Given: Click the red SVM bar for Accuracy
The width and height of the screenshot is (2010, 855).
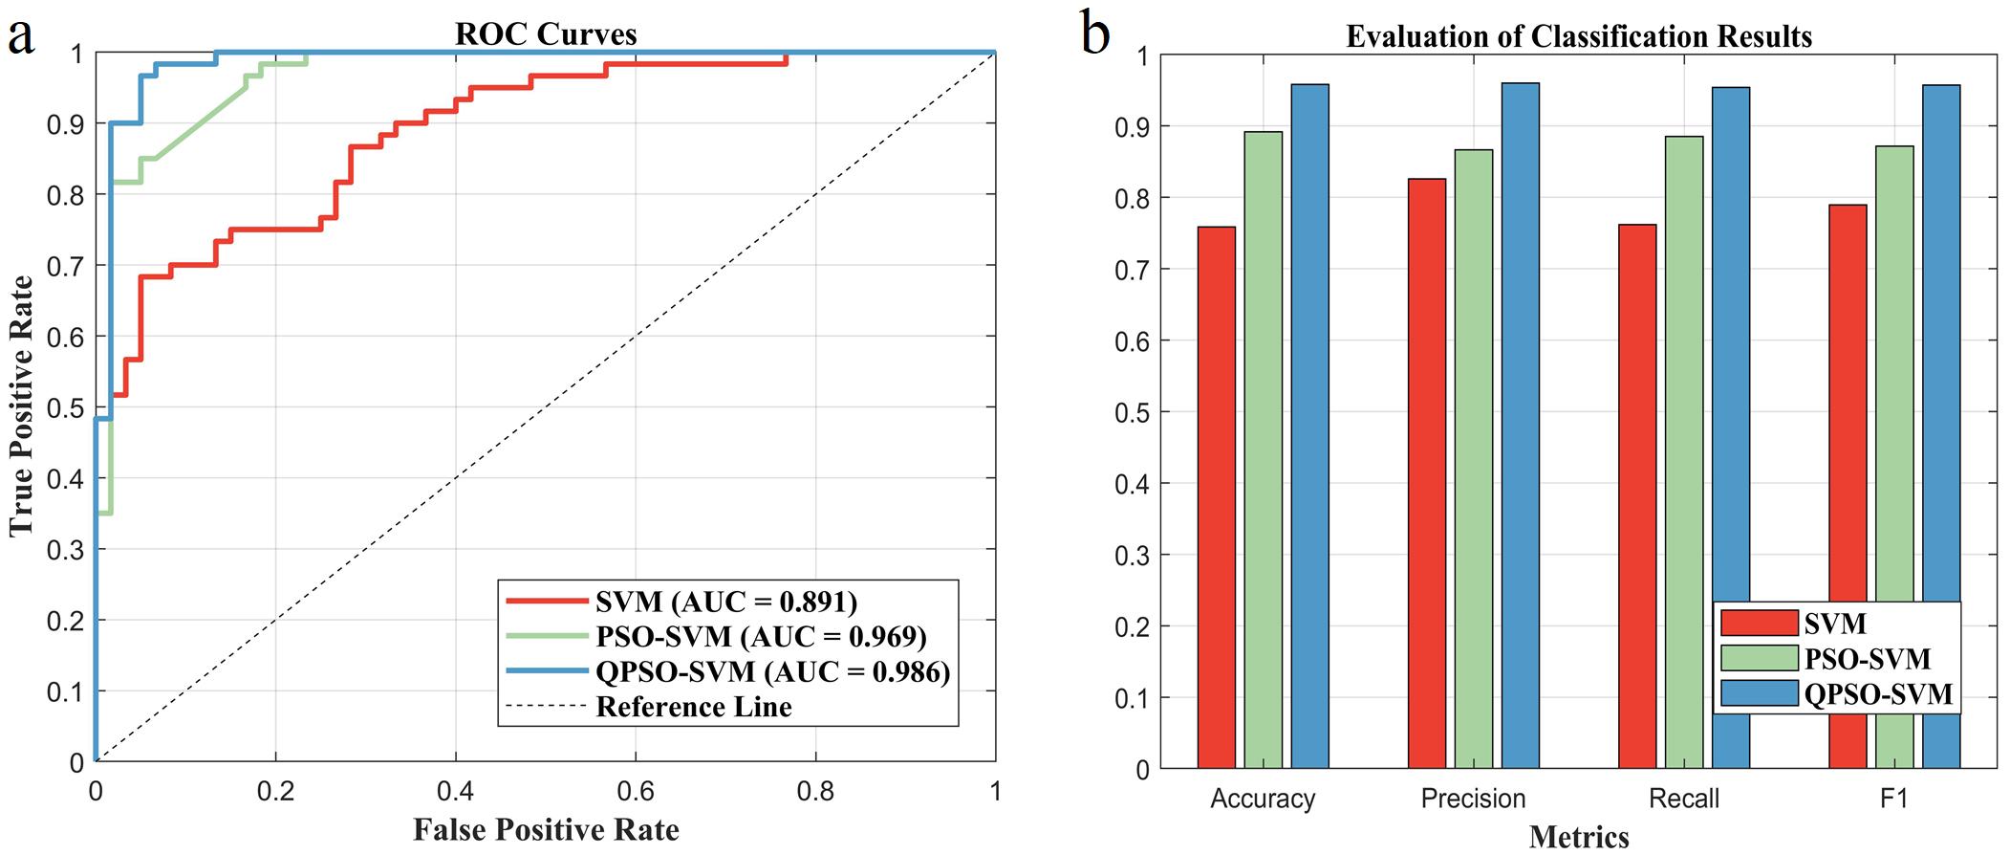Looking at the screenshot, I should click(x=1216, y=497).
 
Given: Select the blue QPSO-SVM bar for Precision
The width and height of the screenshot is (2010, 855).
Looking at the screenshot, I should click(x=1520, y=426).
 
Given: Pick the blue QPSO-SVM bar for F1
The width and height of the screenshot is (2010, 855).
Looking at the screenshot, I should click(x=1941, y=427).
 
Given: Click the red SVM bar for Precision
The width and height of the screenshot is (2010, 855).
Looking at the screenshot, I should click(x=1426, y=473).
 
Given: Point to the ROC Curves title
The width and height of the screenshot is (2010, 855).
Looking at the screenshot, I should click(x=546, y=34).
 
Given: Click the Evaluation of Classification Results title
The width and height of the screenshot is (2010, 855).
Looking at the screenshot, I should click(x=1579, y=37).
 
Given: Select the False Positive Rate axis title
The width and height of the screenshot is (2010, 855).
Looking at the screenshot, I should click(x=546, y=829).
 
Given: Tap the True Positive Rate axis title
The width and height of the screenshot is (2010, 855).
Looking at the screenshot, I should click(x=21, y=406).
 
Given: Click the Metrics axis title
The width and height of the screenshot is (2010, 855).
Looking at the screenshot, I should click(x=1579, y=838).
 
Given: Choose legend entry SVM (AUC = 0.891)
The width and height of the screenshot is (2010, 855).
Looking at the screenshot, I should click(x=725, y=602).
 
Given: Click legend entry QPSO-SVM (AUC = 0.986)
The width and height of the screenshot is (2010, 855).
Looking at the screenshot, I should click(x=772, y=672).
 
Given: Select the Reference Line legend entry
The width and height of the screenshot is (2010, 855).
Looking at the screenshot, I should click(x=693, y=708).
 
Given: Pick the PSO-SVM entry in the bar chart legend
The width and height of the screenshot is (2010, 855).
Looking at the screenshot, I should click(x=1867, y=659).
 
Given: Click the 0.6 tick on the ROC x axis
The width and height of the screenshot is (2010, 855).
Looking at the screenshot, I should click(x=636, y=791).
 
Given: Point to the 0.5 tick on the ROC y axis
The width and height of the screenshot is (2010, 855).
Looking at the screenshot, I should click(x=65, y=408).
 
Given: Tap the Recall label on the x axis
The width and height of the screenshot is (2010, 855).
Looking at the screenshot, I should click(x=1684, y=799).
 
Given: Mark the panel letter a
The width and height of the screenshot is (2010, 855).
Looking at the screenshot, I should click(x=21, y=36).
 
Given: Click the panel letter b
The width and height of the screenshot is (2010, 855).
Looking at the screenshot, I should click(x=1094, y=34).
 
